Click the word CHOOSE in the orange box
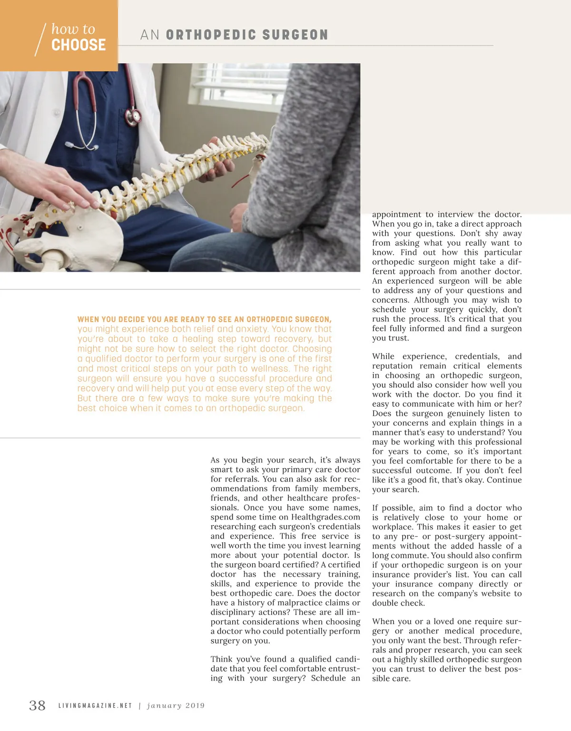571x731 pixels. tap(79, 45)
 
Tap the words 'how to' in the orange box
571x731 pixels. tap(73, 29)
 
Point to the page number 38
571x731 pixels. tap(38, 705)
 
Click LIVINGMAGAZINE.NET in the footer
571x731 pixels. tap(95, 706)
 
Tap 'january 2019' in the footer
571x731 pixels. tap(176, 706)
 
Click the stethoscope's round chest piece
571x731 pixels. tap(136, 115)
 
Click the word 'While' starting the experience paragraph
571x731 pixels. tap(383, 356)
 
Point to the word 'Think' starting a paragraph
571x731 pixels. tap(222, 659)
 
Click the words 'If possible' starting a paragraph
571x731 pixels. tap(392, 508)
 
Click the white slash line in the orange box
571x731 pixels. tap(40, 39)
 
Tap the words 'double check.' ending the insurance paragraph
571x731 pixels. tap(398, 603)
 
